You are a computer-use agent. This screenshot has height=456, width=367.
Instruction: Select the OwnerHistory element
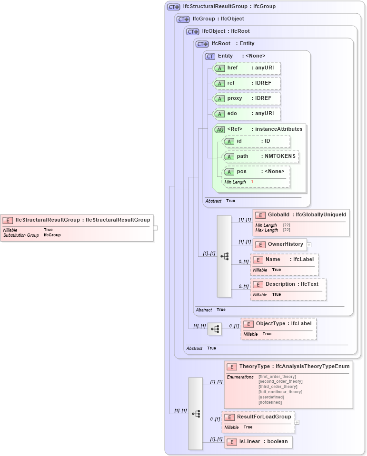[x=280, y=244]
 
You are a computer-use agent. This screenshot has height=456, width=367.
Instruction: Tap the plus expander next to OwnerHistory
[x=309, y=245]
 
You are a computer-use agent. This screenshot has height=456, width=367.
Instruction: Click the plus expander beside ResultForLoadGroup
[x=297, y=422]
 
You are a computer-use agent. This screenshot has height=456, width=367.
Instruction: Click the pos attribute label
[x=242, y=172]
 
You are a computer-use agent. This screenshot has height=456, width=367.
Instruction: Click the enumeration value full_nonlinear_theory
[x=280, y=392]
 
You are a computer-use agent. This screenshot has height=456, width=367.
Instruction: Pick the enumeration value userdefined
[x=271, y=397]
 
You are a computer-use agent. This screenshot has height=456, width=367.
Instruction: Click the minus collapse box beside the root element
[x=155, y=228]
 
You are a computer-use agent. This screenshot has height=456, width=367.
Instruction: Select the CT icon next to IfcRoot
[x=202, y=44]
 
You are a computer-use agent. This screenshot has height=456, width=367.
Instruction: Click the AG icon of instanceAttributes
[x=219, y=129]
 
